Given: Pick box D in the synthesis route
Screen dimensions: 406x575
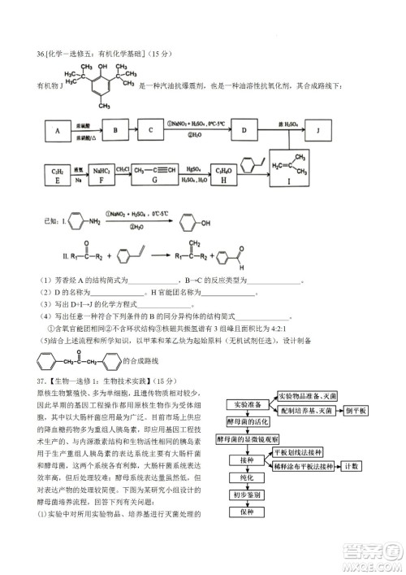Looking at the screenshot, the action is pyautogui.click(x=244, y=130).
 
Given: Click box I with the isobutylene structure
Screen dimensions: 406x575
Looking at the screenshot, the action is pyautogui.click(x=298, y=168).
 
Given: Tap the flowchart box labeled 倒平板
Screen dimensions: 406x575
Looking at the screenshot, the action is pyautogui.click(x=356, y=411).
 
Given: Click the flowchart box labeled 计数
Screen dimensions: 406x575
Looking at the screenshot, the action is pyautogui.click(x=351, y=466).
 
